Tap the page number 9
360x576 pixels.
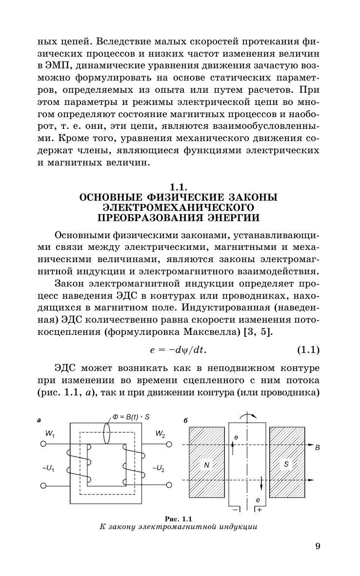coord(317,546)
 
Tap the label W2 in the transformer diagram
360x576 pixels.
coord(160,433)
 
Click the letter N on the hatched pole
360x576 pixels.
coord(206,465)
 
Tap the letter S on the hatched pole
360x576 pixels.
coord(286,464)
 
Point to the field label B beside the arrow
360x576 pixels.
coord(317,447)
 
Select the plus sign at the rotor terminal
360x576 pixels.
coord(259,510)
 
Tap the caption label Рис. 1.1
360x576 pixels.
coord(179,518)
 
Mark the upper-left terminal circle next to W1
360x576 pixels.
coord(43,444)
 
